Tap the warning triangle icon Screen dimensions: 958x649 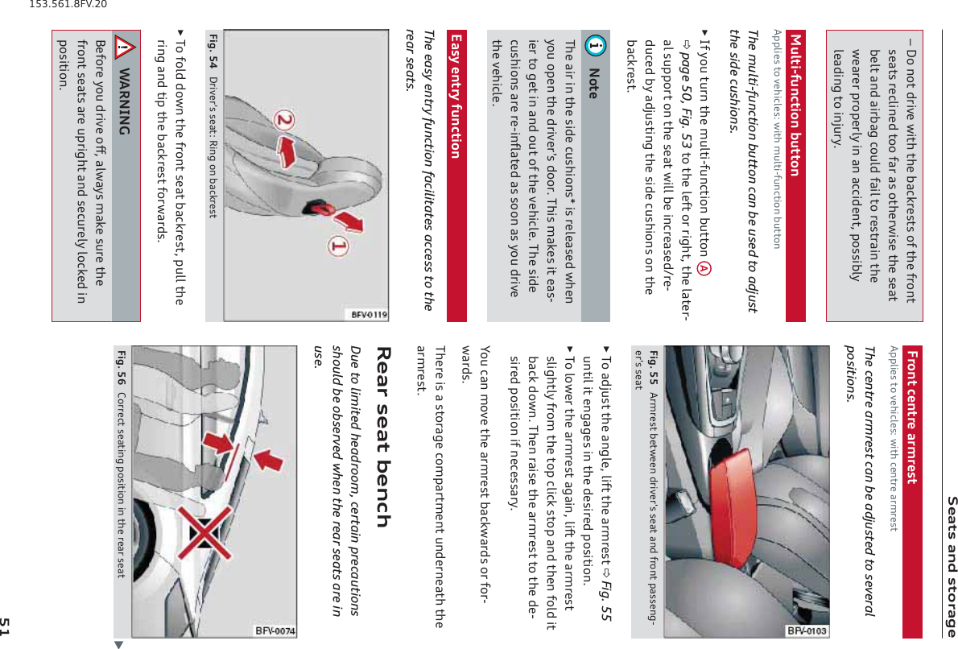coord(126,47)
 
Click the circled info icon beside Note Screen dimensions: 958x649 coord(595,44)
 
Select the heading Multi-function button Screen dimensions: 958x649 coord(795,105)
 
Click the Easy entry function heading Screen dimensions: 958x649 coord(456,97)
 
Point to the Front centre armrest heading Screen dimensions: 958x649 coord(911,417)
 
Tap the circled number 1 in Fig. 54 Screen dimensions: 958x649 coord(338,246)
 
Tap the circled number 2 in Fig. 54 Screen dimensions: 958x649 coord(285,119)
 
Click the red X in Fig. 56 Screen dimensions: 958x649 coord(204,533)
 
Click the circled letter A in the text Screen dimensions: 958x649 coord(704,268)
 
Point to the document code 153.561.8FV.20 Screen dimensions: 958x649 coord(68,4)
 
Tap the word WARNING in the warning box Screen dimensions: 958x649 coord(125,101)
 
